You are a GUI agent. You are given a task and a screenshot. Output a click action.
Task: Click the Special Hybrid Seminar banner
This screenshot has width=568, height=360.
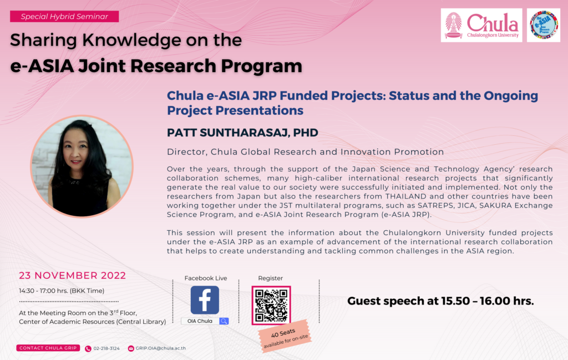(64, 16)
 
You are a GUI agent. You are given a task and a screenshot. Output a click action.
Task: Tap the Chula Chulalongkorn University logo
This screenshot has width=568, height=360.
(481, 26)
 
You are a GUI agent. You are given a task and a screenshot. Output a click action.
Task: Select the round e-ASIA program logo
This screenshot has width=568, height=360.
(544, 26)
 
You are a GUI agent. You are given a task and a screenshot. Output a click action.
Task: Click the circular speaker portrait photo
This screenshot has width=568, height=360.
(82, 166)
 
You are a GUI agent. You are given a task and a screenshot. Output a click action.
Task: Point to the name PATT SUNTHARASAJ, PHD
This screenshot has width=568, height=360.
(242, 133)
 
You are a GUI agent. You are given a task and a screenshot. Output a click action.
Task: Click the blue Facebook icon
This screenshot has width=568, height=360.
(205, 300)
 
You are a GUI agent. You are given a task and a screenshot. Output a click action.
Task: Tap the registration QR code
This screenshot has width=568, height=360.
(271, 305)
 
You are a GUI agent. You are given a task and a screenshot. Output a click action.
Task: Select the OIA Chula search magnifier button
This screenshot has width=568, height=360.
(224, 321)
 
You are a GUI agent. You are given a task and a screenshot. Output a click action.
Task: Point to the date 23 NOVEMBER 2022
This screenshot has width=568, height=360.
(73, 276)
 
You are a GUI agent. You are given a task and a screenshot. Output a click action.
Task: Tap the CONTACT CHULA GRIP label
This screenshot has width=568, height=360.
(48, 348)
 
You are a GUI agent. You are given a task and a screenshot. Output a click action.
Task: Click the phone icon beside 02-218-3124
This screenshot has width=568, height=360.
(88, 349)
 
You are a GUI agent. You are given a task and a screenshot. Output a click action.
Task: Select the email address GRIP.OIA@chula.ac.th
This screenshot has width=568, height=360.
(160, 348)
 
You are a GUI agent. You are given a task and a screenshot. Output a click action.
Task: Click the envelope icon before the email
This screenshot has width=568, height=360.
(131, 348)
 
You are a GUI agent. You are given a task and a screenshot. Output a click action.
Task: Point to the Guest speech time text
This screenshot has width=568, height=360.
(440, 301)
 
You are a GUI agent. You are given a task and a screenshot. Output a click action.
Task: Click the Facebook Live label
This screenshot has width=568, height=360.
(206, 278)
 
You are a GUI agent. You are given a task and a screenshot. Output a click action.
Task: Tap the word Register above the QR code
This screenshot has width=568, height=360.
(271, 278)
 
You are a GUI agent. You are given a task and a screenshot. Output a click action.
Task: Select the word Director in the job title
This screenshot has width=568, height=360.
(187, 152)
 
